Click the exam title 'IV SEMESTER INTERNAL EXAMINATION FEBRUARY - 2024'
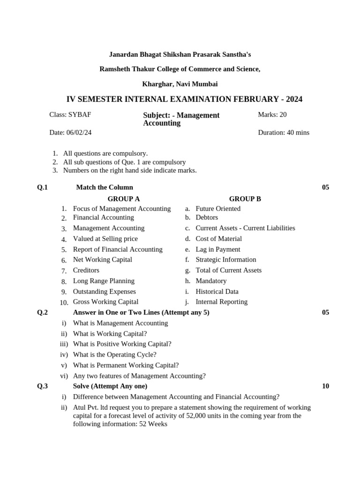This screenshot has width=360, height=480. tap(184, 99)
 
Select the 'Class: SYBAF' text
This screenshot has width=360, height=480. tap(70, 114)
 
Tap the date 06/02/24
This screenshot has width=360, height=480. tap(70, 133)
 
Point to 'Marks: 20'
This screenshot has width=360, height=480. tap(272, 114)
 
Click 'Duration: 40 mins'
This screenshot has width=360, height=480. tap(283, 133)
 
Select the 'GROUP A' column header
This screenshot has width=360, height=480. tap(124, 199)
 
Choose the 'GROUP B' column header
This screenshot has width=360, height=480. tap(245, 199)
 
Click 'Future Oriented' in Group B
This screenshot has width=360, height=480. tap(217, 209)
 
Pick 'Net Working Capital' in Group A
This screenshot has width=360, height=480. tap(102, 260)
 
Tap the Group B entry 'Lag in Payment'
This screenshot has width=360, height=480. tap(217, 249)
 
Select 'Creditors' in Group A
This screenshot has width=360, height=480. tap(86, 270)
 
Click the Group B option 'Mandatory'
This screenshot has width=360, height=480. tap(211, 281)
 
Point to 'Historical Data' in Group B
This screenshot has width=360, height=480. tap(217, 292)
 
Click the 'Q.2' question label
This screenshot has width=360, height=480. tap(43, 313)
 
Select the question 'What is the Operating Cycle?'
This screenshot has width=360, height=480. tap(115, 355)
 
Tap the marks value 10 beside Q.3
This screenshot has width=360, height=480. tap(325, 386)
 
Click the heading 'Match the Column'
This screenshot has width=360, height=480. tap(105, 187)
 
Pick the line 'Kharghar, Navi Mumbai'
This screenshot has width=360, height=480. tap(180, 84)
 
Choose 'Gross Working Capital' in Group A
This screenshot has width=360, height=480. tap(105, 302)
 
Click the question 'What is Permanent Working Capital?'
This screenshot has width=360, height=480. tap(126, 365)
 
